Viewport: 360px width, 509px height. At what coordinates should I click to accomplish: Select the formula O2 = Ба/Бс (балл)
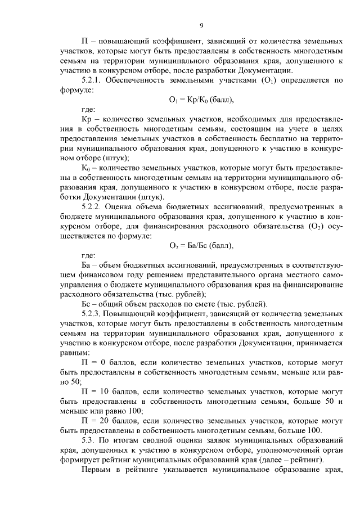201,246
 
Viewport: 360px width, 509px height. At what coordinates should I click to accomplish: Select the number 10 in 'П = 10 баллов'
112,390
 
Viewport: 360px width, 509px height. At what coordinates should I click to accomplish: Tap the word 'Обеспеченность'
138,80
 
